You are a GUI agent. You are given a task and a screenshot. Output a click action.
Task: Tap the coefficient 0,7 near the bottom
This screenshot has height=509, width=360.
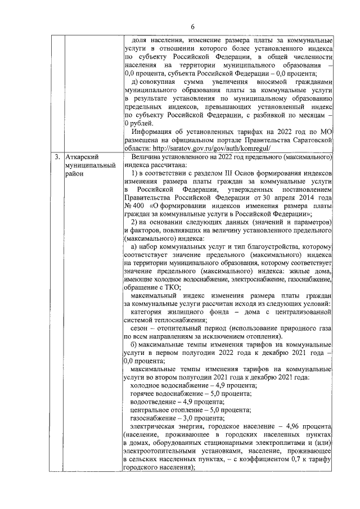pos(289,460)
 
